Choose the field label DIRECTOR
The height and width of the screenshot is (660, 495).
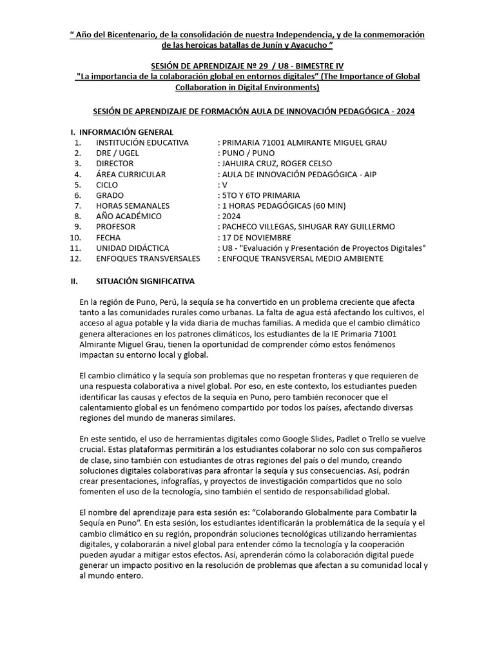[x=115, y=164]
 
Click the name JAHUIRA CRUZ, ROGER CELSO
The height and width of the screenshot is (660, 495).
[x=276, y=164]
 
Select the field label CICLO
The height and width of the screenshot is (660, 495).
[x=107, y=184]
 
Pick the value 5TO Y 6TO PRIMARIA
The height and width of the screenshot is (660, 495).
[x=260, y=195]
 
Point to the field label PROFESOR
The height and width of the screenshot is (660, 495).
[x=115, y=227]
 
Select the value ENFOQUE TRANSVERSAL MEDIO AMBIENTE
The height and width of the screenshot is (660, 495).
[x=302, y=258]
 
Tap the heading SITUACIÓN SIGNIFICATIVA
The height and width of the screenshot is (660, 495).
[x=145, y=282]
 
